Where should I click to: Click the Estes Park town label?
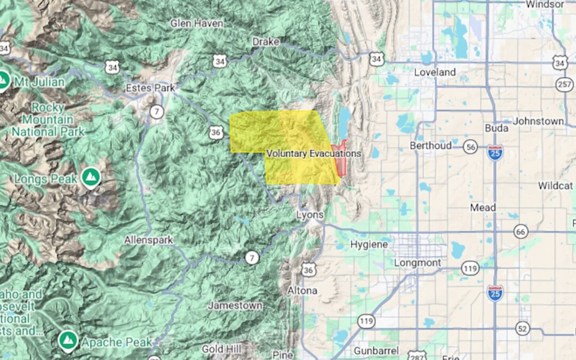[150, 88]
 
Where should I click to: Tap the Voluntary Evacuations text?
[314, 153]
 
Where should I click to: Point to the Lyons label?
[310, 215]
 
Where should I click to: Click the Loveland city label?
[435, 72]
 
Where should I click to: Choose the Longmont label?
[418, 263]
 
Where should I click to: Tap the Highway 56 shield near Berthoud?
[470, 147]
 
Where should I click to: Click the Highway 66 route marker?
[521, 231]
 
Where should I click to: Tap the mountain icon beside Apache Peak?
[67, 340]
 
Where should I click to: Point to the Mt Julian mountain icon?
[3, 81]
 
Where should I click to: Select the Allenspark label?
[148, 240]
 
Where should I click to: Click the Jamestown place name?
[235, 306]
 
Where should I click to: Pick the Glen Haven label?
[197, 23]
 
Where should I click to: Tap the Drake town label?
[266, 41]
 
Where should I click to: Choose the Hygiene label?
[369, 244]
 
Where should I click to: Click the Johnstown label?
[538, 121]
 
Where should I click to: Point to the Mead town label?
[483, 207]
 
